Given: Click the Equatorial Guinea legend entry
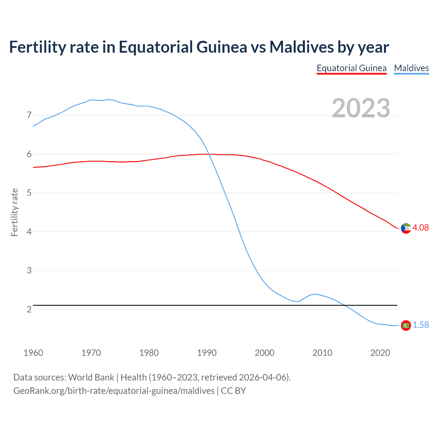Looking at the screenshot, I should (x=351, y=68).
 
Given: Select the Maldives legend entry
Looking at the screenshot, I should (x=411, y=68).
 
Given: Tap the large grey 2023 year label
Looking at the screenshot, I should (x=361, y=108).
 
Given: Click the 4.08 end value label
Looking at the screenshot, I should (x=420, y=228).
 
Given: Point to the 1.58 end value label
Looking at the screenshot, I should (x=421, y=325).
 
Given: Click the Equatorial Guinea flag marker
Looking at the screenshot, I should (x=406, y=228).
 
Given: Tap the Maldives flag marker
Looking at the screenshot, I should (x=406, y=325).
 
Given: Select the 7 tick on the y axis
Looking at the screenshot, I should (x=29, y=115).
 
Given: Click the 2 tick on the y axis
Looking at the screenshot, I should (x=29, y=309).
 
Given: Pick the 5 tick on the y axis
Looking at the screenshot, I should (x=29, y=193).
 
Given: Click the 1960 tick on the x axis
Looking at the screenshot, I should (x=33, y=353).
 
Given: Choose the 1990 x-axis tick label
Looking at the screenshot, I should (x=207, y=353).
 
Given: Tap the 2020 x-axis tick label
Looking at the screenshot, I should (x=380, y=353).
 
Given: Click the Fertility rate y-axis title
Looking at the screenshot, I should (x=14, y=212).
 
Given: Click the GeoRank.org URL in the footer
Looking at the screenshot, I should (x=114, y=391).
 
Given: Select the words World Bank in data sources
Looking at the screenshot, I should (x=91, y=377).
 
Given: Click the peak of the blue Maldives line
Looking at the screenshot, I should (x=108, y=100).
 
